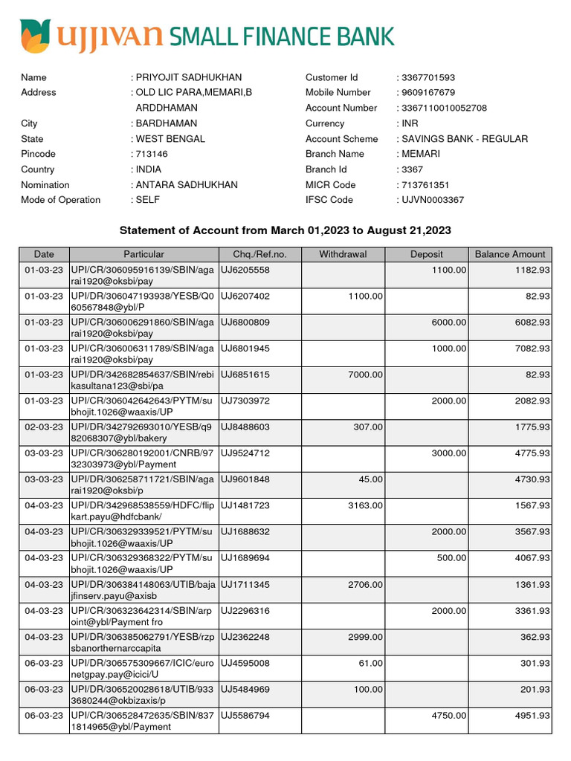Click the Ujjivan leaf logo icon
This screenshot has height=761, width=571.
point(35,36)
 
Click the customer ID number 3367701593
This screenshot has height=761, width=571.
point(428,77)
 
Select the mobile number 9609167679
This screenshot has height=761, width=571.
point(428,93)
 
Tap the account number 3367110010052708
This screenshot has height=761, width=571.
point(444,108)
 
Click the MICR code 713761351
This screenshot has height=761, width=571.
point(425,185)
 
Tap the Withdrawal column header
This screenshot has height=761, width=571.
point(343,254)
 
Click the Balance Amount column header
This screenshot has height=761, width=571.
point(510,254)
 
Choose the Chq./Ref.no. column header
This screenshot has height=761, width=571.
point(259,254)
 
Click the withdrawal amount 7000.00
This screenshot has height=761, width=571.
point(367,375)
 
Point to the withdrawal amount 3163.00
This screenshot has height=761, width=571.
point(367,505)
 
